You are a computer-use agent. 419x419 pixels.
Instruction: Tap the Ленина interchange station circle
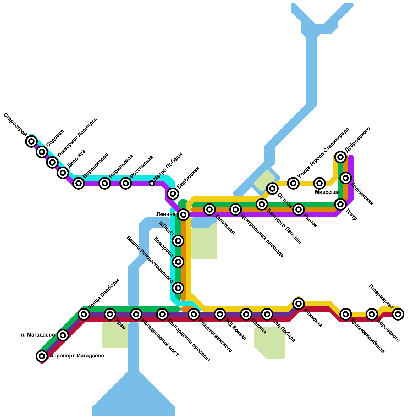tap(183, 215)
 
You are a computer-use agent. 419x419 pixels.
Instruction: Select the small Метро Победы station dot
tap(152, 183)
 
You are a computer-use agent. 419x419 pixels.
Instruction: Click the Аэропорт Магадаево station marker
tap(42, 356)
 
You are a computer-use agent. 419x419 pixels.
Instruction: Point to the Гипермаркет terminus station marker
tap(398, 314)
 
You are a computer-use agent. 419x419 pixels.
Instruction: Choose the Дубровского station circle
tap(340, 157)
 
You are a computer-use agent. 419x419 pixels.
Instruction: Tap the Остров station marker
tap(272, 188)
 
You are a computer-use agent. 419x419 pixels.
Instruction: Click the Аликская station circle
tap(298, 304)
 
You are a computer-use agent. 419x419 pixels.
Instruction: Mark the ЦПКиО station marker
tap(178, 241)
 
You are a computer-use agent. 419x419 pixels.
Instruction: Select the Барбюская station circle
tap(173, 194)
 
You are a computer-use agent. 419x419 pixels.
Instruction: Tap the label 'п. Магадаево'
tap(38, 335)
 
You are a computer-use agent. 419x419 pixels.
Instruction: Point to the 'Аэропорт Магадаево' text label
tap(77, 356)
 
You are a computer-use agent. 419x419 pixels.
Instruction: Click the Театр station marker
tap(340, 204)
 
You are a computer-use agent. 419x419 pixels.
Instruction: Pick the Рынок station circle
tap(299, 209)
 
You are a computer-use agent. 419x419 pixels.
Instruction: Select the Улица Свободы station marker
tap(84, 314)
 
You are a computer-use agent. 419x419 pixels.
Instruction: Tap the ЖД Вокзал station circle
tap(220, 314)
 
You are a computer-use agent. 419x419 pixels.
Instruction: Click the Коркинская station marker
tap(346, 178)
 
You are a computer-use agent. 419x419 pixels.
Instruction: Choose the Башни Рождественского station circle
tap(178, 288)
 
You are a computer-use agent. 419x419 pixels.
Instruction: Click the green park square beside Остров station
tap(264, 181)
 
